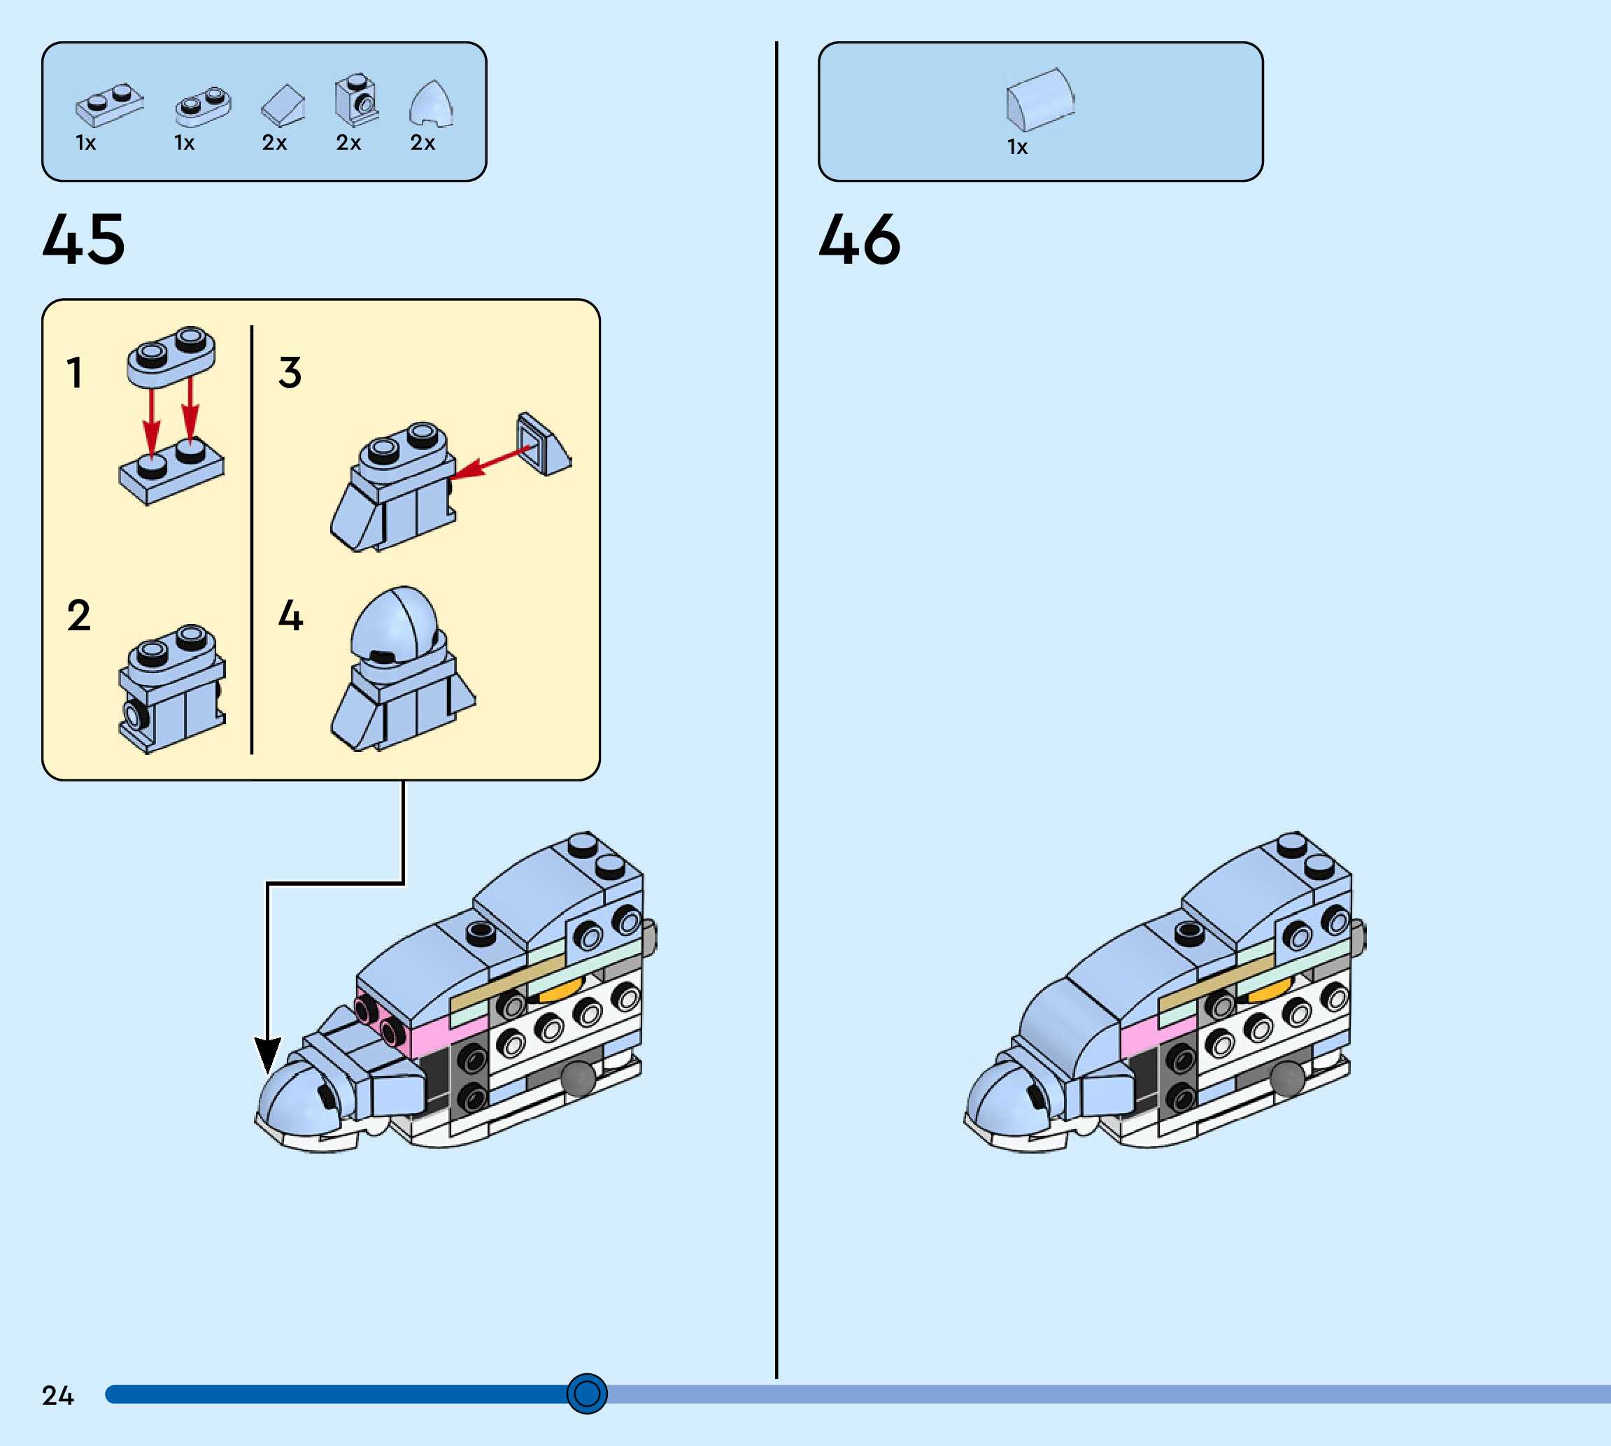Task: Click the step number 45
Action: coord(83,239)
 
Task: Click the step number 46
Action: coord(860,239)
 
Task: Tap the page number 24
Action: coord(57,1395)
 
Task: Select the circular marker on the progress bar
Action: coord(586,1393)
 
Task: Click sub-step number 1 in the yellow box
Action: coord(75,373)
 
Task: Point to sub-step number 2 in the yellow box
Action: coord(78,616)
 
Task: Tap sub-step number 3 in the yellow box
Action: coord(290,373)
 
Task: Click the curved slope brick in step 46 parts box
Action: coord(1040,99)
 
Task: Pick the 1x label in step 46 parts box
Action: coord(1017,147)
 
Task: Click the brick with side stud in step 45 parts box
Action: coord(356,100)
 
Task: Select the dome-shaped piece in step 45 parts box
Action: coord(432,104)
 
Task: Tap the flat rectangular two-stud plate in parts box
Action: coord(110,105)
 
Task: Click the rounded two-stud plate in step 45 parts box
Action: coord(204,106)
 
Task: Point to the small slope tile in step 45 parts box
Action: coord(283,106)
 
